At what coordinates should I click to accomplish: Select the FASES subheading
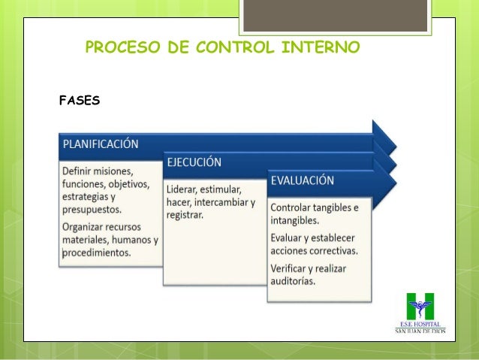79,99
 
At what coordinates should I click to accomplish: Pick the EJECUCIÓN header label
194,162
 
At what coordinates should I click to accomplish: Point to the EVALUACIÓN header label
303,181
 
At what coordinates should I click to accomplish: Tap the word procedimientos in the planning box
96,253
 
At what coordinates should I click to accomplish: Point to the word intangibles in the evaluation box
295,221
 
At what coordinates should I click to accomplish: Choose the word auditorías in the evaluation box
293,281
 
